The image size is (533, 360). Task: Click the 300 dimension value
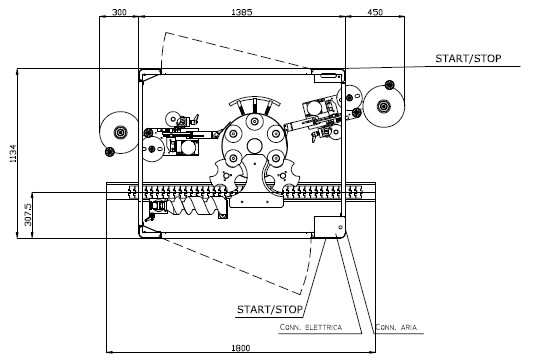[119, 12]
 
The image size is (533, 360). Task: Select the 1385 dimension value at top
[242, 12]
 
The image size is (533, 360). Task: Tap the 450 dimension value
[375, 12]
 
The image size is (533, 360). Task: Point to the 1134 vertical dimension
[12, 153]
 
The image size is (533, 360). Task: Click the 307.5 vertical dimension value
[28, 215]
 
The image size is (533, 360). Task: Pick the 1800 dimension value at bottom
[241, 348]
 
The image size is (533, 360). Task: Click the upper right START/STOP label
[468, 58]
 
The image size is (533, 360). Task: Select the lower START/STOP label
[270, 309]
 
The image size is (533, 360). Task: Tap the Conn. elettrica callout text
[311, 327]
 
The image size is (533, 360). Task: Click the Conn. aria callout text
[396, 327]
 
